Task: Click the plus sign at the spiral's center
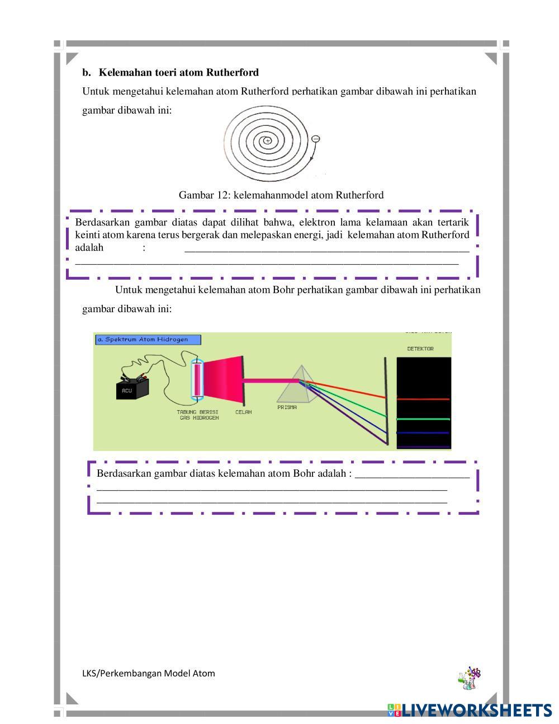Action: click(268, 140)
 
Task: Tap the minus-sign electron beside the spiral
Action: click(316, 138)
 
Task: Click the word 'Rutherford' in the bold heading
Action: click(232, 73)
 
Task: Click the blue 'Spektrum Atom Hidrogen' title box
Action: click(148, 340)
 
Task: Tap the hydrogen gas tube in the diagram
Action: click(197, 380)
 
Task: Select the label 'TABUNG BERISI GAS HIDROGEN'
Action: click(198, 415)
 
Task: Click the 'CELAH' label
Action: click(243, 412)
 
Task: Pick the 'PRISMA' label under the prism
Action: click(287, 407)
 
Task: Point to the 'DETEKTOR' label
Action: click(420, 349)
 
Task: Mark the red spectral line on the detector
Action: click(423, 399)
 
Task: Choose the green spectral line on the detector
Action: click(423, 419)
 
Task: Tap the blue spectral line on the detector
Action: click(423, 432)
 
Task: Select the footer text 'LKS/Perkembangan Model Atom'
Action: click(149, 673)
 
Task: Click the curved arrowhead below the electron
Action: click(312, 159)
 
